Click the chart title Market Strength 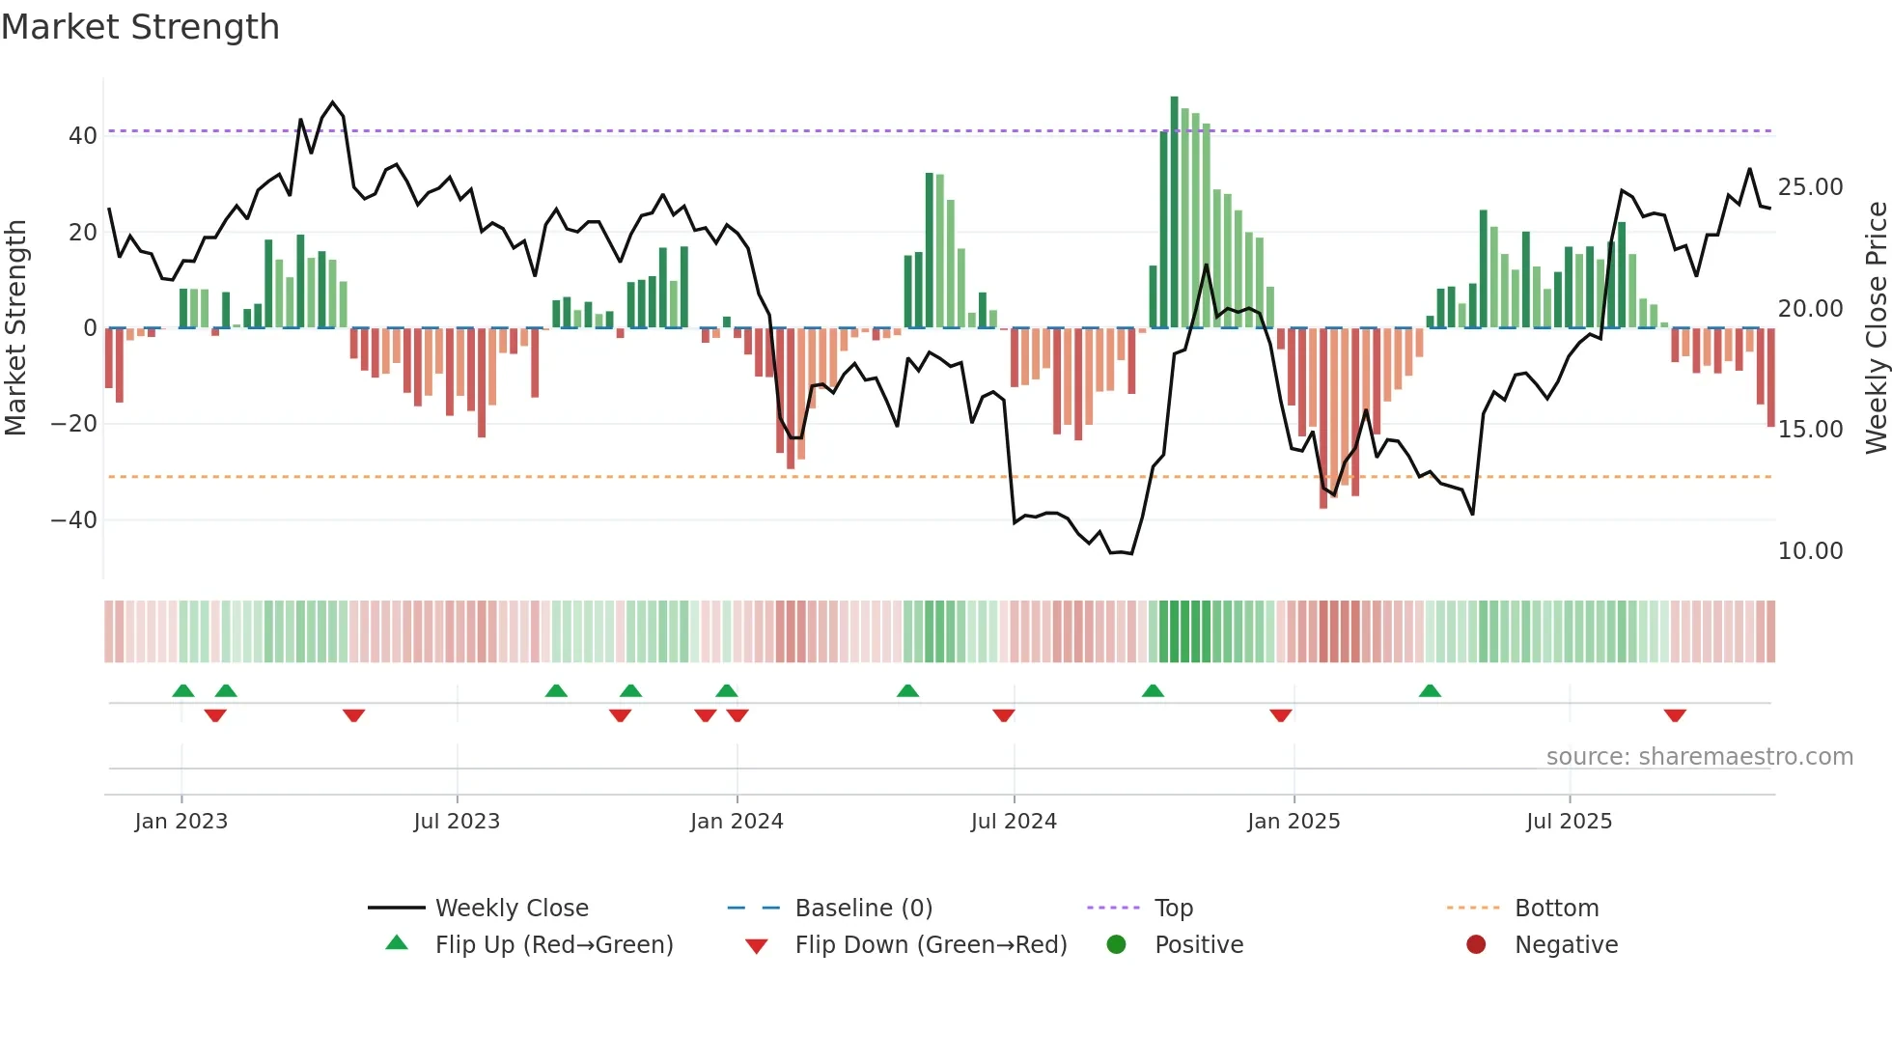(x=140, y=27)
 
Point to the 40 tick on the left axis (x=82, y=136)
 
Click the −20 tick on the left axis (x=74, y=424)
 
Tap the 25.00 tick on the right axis (x=1810, y=187)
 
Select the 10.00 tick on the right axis (x=1810, y=551)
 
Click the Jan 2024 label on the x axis (x=737, y=822)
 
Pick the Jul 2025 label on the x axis (x=1569, y=822)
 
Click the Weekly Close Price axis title (x=1876, y=328)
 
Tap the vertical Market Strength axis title (x=15, y=328)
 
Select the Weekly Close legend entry (x=511, y=909)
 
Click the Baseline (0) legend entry (x=863, y=909)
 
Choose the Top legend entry (x=1173, y=909)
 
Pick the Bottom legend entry (x=1556, y=909)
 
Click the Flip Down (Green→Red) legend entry (x=931, y=945)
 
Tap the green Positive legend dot (x=1117, y=945)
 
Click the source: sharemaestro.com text (x=1699, y=757)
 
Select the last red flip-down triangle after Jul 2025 (x=1675, y=715)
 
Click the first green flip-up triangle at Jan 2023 (x=183, y=690)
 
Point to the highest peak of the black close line (x=333, y=102)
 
